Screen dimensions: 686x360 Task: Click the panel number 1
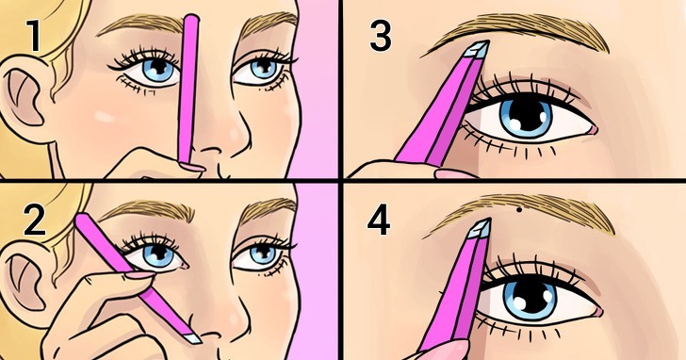(34, 37)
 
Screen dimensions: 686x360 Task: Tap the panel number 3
(381, 37)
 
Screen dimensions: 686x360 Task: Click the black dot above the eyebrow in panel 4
(519, 210)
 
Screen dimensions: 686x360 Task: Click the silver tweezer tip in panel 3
(478, 50)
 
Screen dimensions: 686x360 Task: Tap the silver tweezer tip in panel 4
(480, 228)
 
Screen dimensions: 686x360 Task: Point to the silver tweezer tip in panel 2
(190, 338)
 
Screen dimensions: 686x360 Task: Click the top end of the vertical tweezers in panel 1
(191, 17)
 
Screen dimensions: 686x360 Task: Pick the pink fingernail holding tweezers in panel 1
(191, 167)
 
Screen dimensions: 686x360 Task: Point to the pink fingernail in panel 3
(455, 173)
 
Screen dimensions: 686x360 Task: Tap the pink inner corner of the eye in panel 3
(593, 129)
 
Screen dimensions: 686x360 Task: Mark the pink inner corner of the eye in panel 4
(597, 312)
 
